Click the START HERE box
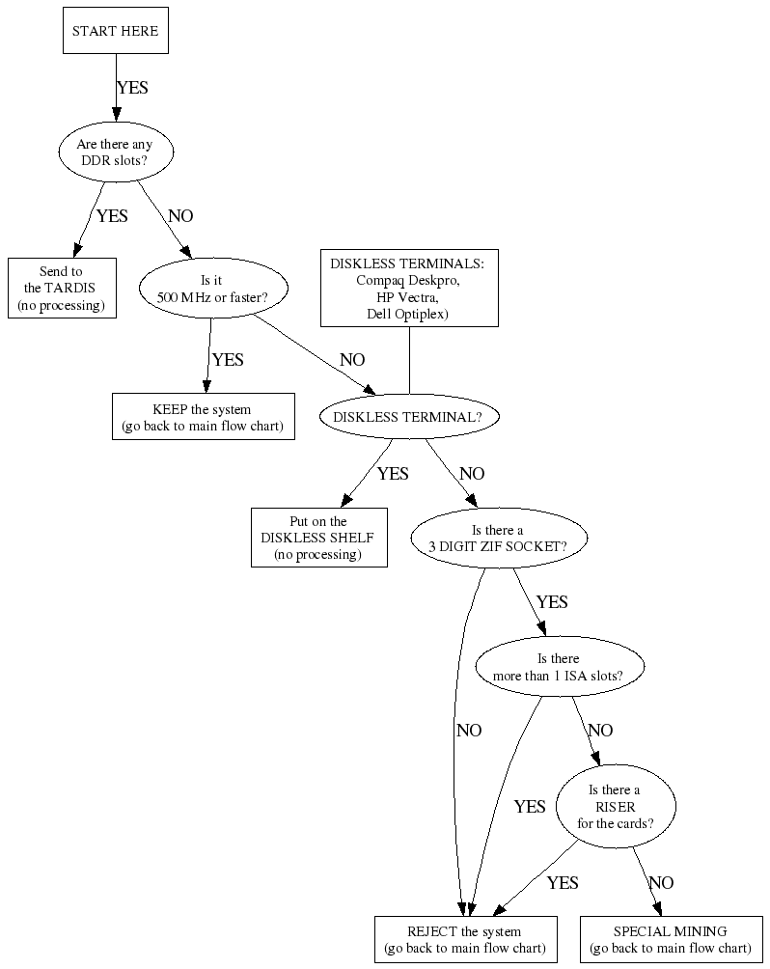pyautogui.click(x=115, y=31)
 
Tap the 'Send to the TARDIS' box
pyautogui.click(x=62, y=288)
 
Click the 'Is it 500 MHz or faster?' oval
pyautogui.click(x=211, y=288)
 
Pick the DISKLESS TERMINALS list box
pyautogui.click(x=409, y=288)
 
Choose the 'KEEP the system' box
pyautogui.click(x=203, y=417)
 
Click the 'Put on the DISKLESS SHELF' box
pyautogui.click(x=318, y=538)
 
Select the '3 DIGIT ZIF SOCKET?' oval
pyautogui.click(x=497, y=538)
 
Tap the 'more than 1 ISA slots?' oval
pyautogui.click(x=561, y=667)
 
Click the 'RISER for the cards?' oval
pyautogui.click(x=616, y=807)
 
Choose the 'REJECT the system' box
pyautogui.click(x=464, y=939)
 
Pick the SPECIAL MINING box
pyautogui.click(x=671, y=939)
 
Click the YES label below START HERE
pyautogui.click(x=132, y=88)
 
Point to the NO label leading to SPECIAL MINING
pyautogui.click(x=661, y=883)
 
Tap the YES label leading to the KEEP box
pyautogui.click(x=228, y=360)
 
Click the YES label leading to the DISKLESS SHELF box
pyautogui.click(x=393, y=474)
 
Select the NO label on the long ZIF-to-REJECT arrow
pyautogui.click(x=469, y=731)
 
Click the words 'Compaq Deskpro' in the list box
pyautogui.click(x=409, y=281)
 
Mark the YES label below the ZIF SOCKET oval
pyautogui.click(x=552, y=602)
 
